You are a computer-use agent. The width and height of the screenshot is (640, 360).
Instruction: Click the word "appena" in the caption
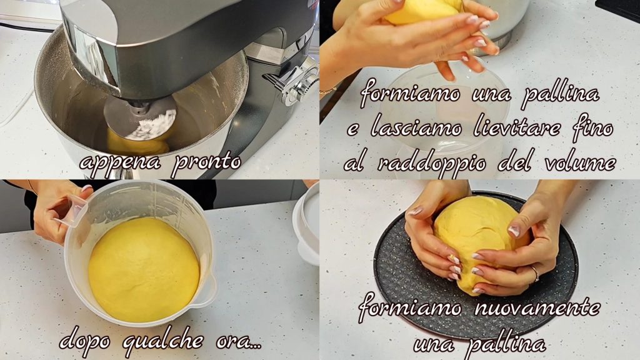click(x=120, y=163)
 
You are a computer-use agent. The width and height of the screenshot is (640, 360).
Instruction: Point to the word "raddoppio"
click(x=431, y=164)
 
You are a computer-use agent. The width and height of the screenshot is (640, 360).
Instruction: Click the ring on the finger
click(x=536, y=274)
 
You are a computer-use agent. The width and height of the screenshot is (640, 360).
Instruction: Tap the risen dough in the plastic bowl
click(x=144, y=269)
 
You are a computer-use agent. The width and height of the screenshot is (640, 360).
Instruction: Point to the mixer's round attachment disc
click(x=139, y=118)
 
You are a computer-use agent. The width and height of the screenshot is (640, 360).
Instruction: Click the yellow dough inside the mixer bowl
click(x=137, y=144)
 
